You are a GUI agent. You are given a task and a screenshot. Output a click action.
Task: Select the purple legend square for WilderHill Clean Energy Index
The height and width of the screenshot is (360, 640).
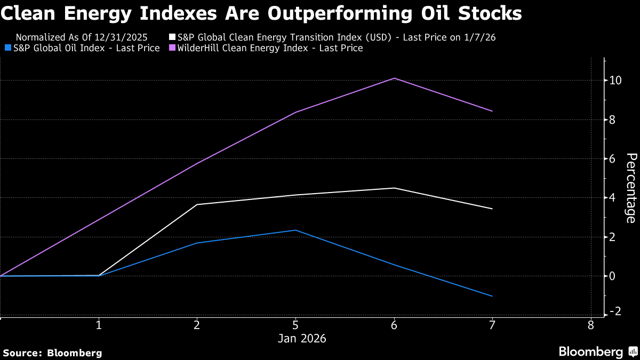coord(172,49)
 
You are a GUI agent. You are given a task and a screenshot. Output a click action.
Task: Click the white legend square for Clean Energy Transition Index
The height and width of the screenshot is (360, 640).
coord(172,37)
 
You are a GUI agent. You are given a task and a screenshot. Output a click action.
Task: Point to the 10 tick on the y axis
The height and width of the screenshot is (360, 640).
coord(615,81)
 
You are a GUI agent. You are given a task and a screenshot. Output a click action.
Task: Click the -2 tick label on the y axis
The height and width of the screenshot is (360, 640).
coord(615,311)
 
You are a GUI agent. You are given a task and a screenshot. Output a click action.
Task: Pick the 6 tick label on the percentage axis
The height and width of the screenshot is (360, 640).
coord(613,159)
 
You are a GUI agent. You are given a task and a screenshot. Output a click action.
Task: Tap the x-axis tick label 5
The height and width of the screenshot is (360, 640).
coord(295,325)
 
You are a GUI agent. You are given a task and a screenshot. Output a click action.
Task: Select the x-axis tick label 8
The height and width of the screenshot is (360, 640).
coord(590,325)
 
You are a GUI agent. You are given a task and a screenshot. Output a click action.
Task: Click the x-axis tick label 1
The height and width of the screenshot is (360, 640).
coord(99,325)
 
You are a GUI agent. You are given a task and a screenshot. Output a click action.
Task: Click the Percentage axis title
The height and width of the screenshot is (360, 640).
coord(631,188)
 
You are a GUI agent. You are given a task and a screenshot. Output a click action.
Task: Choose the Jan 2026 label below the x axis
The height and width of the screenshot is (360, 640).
coord(302,339)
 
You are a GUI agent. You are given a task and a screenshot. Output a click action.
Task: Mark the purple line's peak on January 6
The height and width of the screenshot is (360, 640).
coord(394,78)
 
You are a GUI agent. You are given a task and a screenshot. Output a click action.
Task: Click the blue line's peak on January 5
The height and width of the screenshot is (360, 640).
coord(295,230)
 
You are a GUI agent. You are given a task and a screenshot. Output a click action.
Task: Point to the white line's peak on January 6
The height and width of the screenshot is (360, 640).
coord(394,188)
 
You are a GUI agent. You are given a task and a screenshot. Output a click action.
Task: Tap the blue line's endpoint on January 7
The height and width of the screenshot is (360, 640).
coord(492,296)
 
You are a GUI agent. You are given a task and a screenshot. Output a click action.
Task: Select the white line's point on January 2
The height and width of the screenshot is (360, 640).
coord(197,205)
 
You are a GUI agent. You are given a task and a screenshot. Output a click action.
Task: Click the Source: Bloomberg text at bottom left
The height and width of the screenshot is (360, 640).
coord(52,353)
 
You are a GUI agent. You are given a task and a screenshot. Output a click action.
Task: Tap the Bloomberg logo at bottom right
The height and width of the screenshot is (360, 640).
coord(597,352)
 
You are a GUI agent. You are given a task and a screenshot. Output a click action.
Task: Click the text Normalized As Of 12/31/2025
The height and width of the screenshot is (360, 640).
coord(82,37)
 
